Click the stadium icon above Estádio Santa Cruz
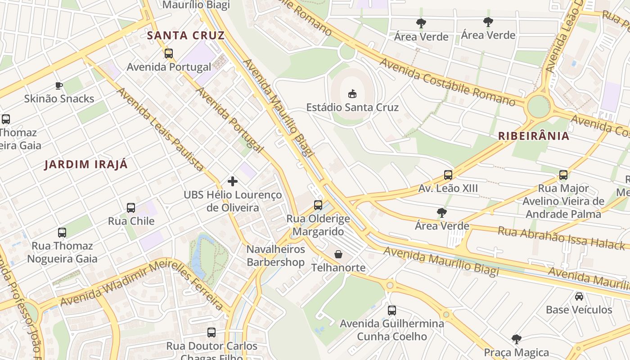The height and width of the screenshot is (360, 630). pyautogui.click(x=352, y=94)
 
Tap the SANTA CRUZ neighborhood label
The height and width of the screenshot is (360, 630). pyautogui.click(x=186, y=35)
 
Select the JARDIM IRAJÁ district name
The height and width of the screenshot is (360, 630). pyautogui.click(x=86, y=164)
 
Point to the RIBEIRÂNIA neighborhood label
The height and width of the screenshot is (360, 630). pyautogui.click(x=534, y=135)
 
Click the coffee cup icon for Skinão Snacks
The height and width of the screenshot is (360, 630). pyautogui.click(x=58, y=85)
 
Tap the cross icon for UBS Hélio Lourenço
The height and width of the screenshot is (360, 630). pyautogui.click(x=233, y=181)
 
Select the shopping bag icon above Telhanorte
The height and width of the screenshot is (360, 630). pyautogui.click(x=338, y=255)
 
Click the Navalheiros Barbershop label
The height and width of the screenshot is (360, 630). pyautogui.click(x=275, y=256)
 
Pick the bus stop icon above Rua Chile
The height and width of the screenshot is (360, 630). pyautogui.click(x=131, y=208)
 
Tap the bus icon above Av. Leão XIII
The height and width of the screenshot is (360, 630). pyautogui.click(x=448, y=175)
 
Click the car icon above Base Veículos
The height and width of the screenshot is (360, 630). pyautogui.click(x=579, y=297)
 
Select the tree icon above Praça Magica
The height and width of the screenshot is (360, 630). pyautogui.click(x=517, y=339)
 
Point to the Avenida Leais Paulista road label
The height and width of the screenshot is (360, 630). pyautogui.click(x=160, y=130)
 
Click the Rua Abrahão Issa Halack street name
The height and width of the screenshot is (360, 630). pyautogui.click(x=561, y=238)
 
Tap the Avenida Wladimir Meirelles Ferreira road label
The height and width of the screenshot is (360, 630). pyautogui.click(x=142, y=283)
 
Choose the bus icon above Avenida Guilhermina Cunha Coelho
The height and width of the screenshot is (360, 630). pyautogui.click(x=392, y=310)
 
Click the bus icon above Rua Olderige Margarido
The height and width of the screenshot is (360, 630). pyautogui.click(x=318, y=205)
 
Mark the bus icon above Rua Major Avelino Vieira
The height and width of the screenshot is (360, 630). pyautogui.click(x=563, y=175)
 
